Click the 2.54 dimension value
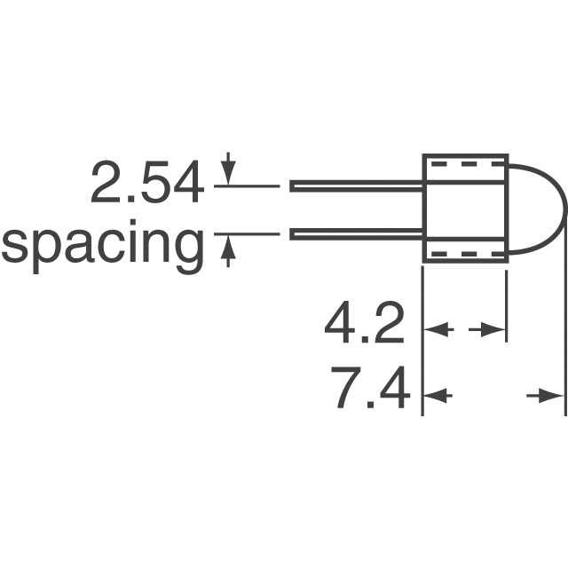[x=146, y=185]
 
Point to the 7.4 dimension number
[x=369, y=390]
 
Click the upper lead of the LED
[x=355, y=186]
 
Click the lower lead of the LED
[x=355, y=235]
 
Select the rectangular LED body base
[x=464, y=210]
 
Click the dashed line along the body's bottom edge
[x=463, y=255]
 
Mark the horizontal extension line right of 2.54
[x=245, y=186]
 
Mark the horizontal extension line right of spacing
[x=245, y=234]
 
